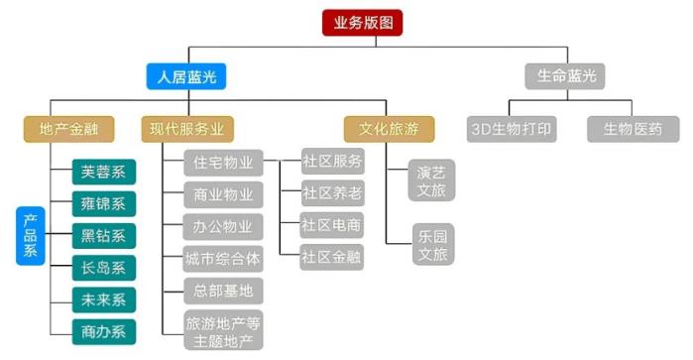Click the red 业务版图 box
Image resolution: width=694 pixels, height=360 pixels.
click(363, 23)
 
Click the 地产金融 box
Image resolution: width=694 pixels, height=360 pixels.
click(69, 128)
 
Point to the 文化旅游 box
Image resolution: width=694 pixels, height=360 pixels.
click(389, 128)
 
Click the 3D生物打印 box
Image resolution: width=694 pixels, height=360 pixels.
click(514, 129)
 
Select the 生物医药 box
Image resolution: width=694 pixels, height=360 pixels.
click(633, 129)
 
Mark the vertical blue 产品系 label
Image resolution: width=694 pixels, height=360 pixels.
click(31, 236)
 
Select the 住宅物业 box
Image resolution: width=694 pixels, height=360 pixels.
click(223, 162)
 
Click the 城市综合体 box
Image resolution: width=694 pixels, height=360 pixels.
click(223, 259)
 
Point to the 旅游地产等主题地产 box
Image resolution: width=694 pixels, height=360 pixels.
click(223, 330)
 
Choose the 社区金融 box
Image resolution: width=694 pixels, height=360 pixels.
click(332, 257)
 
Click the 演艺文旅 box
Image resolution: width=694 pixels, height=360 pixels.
click(432, 180)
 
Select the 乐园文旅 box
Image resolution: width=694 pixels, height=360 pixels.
click(432, 245)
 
